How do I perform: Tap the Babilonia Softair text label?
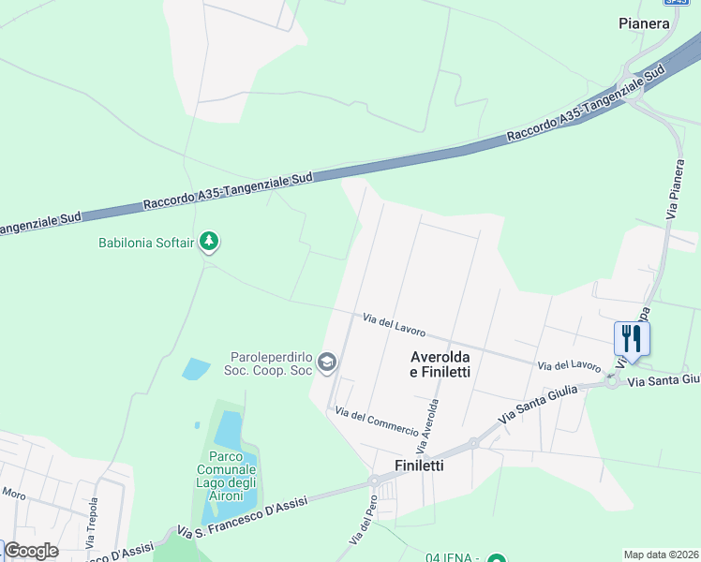pos(146,243)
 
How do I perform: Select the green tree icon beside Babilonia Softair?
pos(209,243)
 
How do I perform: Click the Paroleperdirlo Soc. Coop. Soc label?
pos(272,362)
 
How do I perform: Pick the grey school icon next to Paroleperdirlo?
pos(327,362)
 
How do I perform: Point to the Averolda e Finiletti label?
pos(440,364)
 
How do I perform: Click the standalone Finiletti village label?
pos(419,465)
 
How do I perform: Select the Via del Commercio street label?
pos(377,422)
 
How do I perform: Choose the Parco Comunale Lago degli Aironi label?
pos(226,475)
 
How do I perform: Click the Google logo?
pos(31,551)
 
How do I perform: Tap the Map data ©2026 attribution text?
pos(662,555)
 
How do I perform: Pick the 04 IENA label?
pos(455,558)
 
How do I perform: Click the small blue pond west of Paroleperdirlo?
pos(195,368)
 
